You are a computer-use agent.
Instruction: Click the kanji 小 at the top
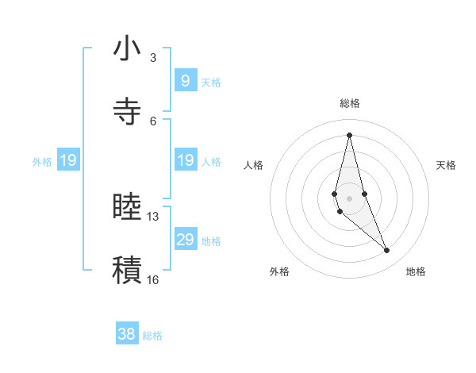(127, 50)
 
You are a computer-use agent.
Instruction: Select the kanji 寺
(127, 111)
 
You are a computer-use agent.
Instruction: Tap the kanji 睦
(127, 207)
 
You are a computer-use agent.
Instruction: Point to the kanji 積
(127, 268)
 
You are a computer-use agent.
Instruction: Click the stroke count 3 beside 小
(153, 58)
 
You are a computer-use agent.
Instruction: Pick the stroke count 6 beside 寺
(153, 121)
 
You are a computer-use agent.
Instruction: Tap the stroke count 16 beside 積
(153, 279)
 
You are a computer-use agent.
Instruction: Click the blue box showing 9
(185, 81)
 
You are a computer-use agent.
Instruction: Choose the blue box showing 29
(185, 240)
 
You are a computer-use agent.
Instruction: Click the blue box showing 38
(126, 334)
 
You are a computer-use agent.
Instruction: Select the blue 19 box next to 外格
(67, 161)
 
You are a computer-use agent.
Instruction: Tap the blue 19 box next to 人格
(185, 160)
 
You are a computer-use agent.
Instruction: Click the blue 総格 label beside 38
(152, 336)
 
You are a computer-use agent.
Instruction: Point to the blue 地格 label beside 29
(211, 241)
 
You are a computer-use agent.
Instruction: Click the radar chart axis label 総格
(350, 103)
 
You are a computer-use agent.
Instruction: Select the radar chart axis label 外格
(279, 271)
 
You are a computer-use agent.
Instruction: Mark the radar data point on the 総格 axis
(349, 135)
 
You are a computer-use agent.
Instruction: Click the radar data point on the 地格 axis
(387, 251)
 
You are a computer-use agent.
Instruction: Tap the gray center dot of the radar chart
(349, 198)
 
